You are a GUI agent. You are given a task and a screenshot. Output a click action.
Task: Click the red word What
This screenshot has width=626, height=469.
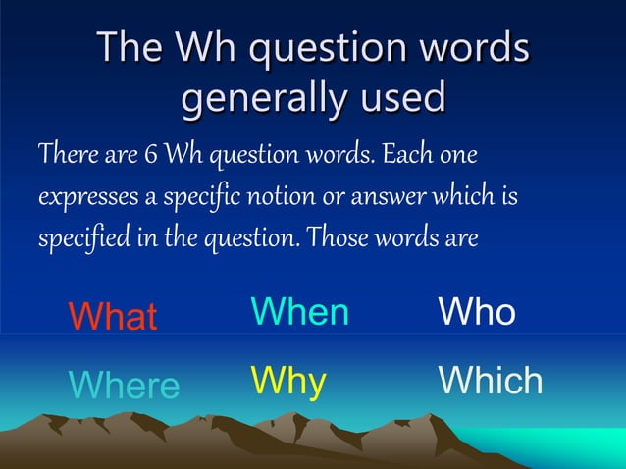(x=112, y=317)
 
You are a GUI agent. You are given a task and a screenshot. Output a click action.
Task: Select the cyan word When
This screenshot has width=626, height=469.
(x=299, y=312)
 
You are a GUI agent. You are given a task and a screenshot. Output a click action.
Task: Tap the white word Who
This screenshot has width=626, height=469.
(x=477, y=312)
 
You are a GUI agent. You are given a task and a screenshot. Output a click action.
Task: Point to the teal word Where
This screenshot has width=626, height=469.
(x=125, y=385)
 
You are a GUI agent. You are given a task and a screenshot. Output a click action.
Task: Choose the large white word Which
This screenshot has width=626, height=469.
(x=491, y=380)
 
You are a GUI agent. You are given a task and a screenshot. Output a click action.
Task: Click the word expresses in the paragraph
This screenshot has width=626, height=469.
(x=85, y=197)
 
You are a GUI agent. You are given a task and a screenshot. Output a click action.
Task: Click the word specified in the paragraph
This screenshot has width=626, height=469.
(x=78, y=238)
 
